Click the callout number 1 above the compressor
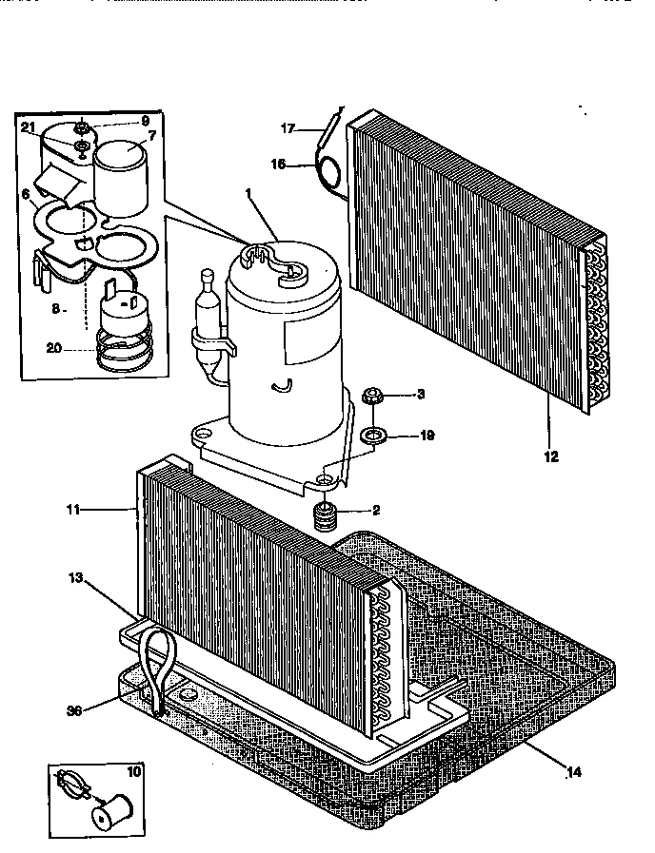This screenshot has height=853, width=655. pos(249,194)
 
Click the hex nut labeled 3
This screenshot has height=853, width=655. pos(372,395)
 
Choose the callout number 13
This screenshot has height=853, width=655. pos(77,577)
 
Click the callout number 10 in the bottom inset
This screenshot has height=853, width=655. pos(132,773)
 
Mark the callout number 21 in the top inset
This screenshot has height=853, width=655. pos(28,128)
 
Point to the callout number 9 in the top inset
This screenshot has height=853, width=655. pos(145,122)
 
